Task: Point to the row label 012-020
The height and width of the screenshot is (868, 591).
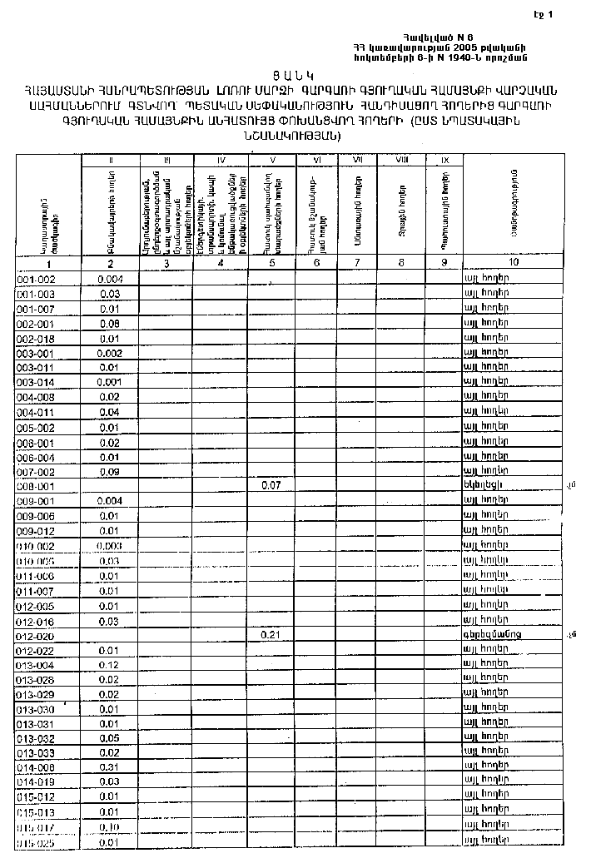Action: point(36,635)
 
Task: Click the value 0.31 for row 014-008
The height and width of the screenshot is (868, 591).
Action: point(110,767)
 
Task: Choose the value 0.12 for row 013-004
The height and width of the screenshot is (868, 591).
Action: point(110,665)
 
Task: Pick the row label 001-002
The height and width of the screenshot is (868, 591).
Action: point(36,280)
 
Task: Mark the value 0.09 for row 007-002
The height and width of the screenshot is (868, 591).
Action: point(110,472)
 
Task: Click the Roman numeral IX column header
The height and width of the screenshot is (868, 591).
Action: point(444,159)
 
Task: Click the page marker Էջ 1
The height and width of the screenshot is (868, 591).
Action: point(543,14)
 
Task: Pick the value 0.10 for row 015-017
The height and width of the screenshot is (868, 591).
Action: point(110,827)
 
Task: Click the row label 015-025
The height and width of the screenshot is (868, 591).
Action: point(36,842)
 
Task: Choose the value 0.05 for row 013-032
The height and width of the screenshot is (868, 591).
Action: point(110,738)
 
